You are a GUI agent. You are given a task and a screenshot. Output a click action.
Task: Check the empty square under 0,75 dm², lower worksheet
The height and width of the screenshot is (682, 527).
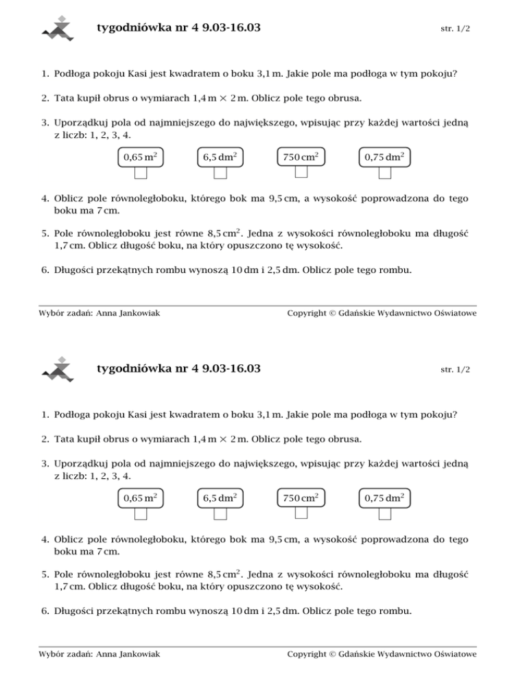[x=385, y=513]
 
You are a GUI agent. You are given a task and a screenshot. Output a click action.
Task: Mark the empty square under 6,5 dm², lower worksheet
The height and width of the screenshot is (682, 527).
[x=220, y=513]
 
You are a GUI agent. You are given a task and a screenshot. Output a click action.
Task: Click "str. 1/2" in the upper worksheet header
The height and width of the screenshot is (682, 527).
[x=456, y=30]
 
